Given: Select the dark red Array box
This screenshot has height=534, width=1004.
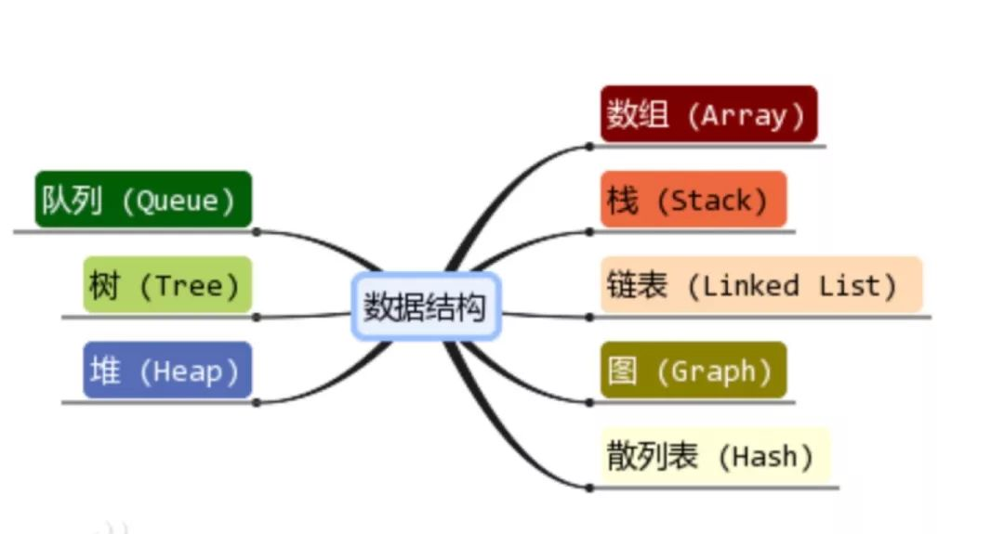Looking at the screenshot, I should tap(708, 114).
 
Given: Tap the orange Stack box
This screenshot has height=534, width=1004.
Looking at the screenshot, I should tap(693, 200).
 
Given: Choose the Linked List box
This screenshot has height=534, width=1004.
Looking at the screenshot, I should tap(760, 285).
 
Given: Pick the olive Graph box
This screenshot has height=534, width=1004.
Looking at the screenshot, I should tap(693, 371).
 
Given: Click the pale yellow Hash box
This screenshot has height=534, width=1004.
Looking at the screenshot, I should tap(714, 456).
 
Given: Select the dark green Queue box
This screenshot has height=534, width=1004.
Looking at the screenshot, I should tap(143, 200).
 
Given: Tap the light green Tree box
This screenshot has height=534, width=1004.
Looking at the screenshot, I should tap(167, 285).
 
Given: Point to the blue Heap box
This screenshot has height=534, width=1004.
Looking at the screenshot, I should tap(167, 371).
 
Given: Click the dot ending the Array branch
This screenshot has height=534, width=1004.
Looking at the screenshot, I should tap(589, 146).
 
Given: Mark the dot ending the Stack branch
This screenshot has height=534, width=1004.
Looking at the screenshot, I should tap(589, 231).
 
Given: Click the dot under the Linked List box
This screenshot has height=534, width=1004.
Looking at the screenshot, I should tap(589, 317).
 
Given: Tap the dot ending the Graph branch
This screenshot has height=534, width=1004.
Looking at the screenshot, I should tap(589, 402).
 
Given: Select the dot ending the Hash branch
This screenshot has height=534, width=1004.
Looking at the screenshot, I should tap(589, 487).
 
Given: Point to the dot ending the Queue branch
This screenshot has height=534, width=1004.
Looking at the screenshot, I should tap(257, 231).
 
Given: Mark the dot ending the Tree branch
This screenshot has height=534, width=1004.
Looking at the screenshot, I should tap(257, 317).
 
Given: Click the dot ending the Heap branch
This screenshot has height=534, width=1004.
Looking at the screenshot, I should tap(257, 402).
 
